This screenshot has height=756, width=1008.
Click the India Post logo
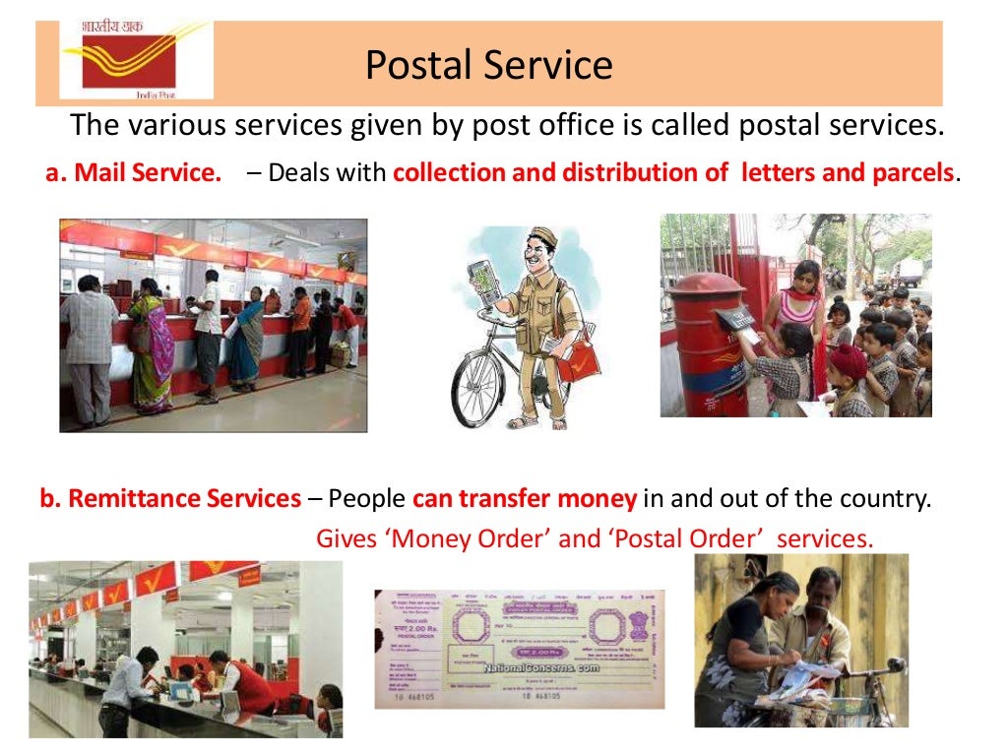click(136, 59)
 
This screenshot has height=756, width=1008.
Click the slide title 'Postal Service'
click(488, 65)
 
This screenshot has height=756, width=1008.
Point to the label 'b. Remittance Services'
click(170, 499)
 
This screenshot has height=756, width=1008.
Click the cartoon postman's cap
click(542, 238)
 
